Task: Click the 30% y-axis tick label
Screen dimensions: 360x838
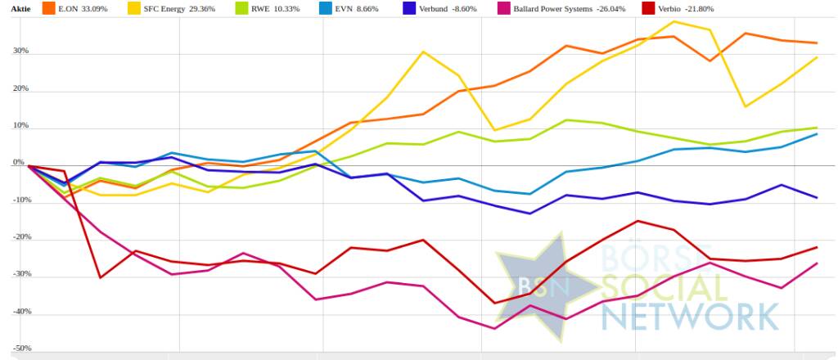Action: (x=20, y=51)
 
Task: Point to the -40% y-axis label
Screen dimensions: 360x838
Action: (x=19, y=312)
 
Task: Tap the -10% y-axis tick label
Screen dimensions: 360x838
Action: (x=19, y=200)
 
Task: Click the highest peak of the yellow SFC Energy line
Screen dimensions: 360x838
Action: (x=674, y=21)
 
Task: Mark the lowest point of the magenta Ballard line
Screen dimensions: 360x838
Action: (x=494, y=329)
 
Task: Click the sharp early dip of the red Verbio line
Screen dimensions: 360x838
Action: (x=100, y=277)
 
